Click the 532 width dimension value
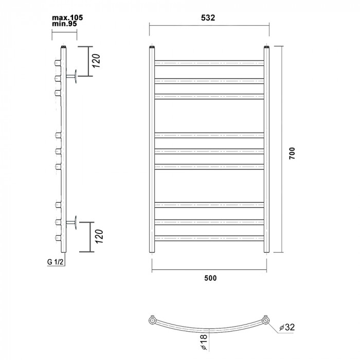tap(208, 17)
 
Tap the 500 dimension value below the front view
tap(210, 278)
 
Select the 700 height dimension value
tap(292, 153)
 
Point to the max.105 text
tap(67, 17)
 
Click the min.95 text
tap(64, 24)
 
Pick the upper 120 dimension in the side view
tap(97, 60)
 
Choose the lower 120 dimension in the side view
tap(99, 236)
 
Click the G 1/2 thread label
tap(55, 262)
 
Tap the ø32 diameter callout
tap(287, 327)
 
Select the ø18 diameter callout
tap(204, 342)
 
